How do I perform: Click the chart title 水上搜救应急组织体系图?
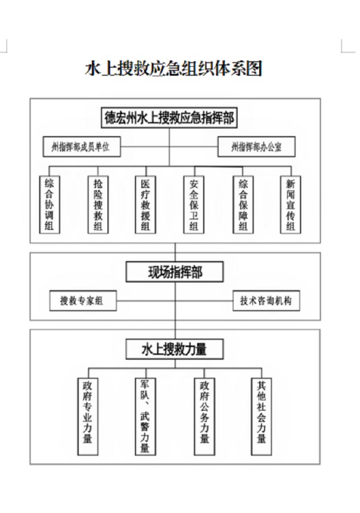pyautogui.click(x=174, y=69)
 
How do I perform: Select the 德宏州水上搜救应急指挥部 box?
pyautogui.click(x=169, y=118)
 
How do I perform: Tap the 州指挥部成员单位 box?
pyautogui.click(x=82, y=147)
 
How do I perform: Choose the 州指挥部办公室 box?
pyautogui.click(x=256, y=148)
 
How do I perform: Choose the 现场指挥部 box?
pyautogui.click(x=175, y=272)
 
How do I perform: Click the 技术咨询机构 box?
pyautogui.click(x=265, y=300)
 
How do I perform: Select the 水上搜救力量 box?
pyautogui.click(x=174, y=349)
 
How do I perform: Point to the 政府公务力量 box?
pyautogui.click(x=204, y=415)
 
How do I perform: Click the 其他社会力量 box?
pyautogui.click(x=261, y=415)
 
